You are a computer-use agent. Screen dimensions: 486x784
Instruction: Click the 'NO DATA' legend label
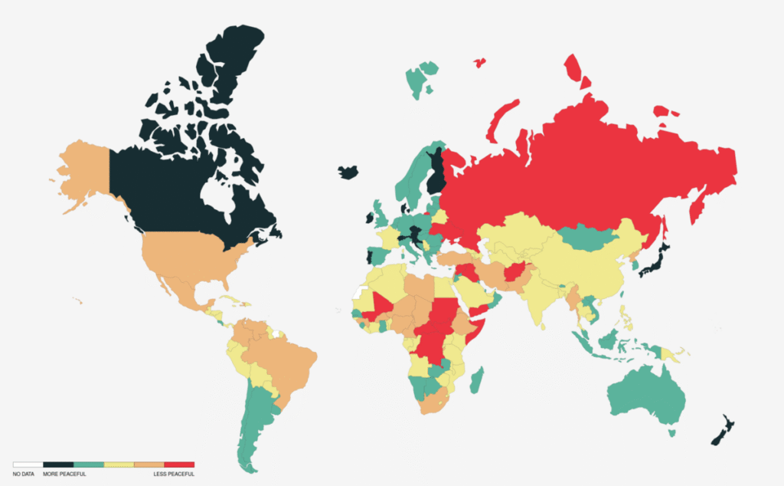pyautogui.click(x=23, y=475)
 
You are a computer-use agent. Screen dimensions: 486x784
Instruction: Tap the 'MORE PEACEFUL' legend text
pyautogui.click(x=64, y=475)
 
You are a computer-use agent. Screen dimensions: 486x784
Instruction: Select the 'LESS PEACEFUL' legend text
pyautogui.click(x=175, y=475)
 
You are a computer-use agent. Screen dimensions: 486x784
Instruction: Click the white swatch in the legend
pyautogui.click(x=28, y=465)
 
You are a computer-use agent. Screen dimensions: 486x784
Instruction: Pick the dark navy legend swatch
pyautogui.click(x=58, y=465)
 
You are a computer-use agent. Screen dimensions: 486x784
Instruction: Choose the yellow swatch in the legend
pyautogui.click(x=119, y=465)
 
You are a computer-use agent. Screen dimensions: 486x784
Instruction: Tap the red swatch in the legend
pyautogui.click(x=179, y=465)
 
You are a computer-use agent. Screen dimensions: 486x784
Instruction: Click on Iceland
pyautogui.click(x=348, y=172)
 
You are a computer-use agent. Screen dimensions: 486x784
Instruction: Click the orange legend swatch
pyautogui.click(x=149, y=465)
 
